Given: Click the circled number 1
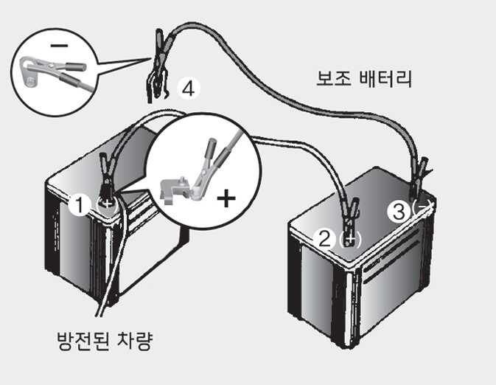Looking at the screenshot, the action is point(79,205).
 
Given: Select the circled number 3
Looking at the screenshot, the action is point(399,211).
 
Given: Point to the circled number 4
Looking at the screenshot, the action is point(189,89).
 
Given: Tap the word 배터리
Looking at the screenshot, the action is point(386,78).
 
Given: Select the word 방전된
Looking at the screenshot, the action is point(83,341).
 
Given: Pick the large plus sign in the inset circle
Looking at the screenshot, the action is point(226,198).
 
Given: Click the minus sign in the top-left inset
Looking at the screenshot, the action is point(59,46).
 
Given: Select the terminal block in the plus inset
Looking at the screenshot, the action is point(175,189).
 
